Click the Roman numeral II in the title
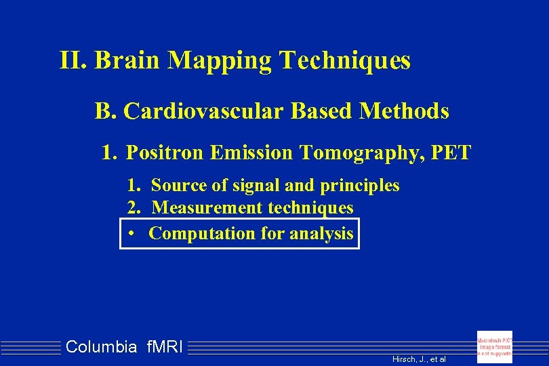(70, 61)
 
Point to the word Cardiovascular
(203, 110)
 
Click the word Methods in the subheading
(404, 110)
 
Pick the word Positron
(164, 153)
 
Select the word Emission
(250, 153)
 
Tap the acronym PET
(450, 153)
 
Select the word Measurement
(207, 207)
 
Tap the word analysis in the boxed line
(321, 234)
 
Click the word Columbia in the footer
(101, 348)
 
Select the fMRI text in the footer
(164, 348)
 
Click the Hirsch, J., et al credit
(419, 359)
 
